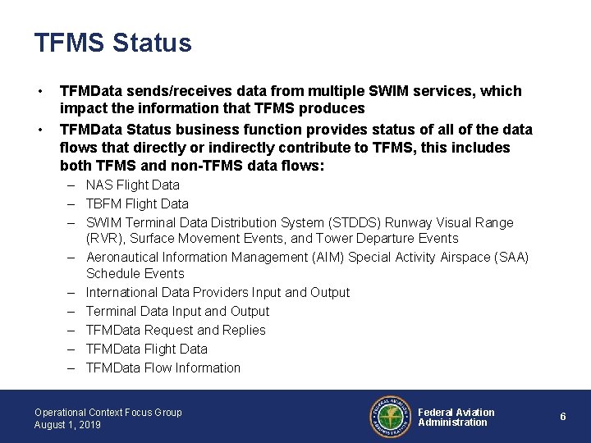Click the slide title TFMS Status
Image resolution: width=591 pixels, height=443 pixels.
click(x=113, y=43)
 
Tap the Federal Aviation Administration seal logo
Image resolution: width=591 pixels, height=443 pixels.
click(x=389, y=417)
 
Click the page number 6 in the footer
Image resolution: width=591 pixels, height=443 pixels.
click(x=563, y=417)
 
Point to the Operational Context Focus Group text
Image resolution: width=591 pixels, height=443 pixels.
click(x=108, y=412)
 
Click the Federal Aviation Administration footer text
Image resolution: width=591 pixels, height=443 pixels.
click(x=456, y=417)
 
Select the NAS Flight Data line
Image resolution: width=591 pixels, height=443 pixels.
click(x=132, y=185)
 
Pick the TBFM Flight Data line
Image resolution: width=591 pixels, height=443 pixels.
click(x=137, y=203)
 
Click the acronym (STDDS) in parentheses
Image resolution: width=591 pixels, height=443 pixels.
click(x=362, y=222)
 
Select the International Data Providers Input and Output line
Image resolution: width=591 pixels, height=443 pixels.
click(x=218, y=292)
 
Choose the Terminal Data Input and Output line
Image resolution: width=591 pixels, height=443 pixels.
click(x=177, y=311)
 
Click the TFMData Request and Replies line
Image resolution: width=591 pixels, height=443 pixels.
click(x=176, y=330)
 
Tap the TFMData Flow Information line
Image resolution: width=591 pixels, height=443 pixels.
click(x=163, y=368)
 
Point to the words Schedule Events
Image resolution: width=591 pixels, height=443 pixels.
click(x=135, y=273)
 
